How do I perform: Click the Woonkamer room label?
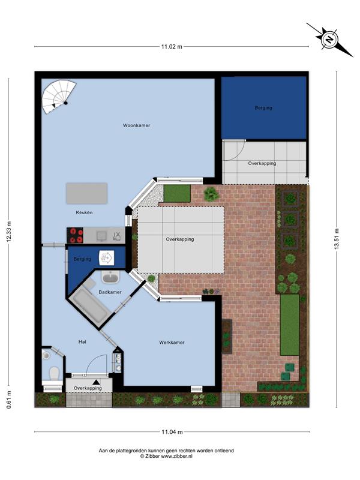tap(137, 125)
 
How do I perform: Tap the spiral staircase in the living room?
tap(58, 97)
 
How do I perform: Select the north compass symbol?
tap(329, 40)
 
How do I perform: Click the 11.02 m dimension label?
tap(172, 47)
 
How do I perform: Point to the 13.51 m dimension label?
tap(337, 239)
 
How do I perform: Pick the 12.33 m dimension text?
tap(8, 232)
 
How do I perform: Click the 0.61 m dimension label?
tap(8, 400)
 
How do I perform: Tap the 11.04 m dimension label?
tap(172, 432)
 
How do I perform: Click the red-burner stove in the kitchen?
tap(76, 235)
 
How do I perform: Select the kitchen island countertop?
tap(86, 193)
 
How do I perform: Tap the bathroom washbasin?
tap(111, 278)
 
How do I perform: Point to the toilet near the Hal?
tap(55, 373)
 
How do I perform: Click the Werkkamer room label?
tap(172, 343)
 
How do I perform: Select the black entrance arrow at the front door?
tap(97, 382)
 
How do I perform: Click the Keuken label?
tap(84, 212)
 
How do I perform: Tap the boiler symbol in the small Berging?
tap(107, 258)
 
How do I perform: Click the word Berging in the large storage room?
tap(263, 108)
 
